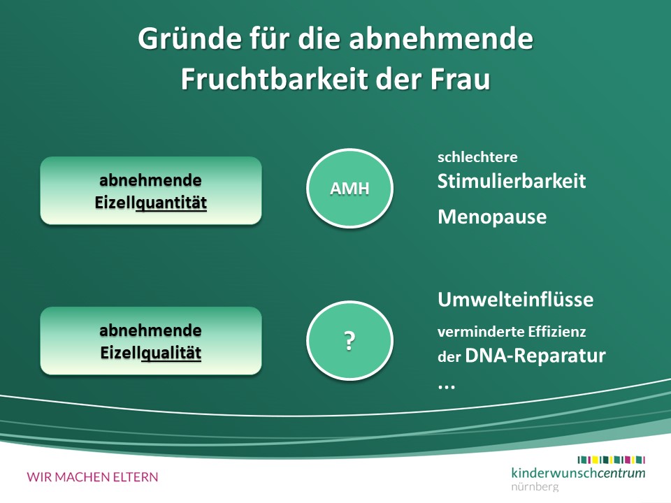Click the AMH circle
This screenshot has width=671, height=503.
(x=349, y=188)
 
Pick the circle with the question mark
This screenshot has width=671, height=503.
(x=349, y=340)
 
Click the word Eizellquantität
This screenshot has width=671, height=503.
(x=151, y=203)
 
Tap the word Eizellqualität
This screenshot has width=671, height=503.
(x=151, y=353)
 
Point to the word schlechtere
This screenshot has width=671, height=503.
(x=477, y=157)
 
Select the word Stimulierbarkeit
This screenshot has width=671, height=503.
(x=512, y=182)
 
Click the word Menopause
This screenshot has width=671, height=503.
(x=492, y=217)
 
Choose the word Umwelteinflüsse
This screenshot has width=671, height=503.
(x=516, y=300)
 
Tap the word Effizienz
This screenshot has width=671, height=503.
(x=557, y=331)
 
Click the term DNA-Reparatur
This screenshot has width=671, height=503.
(x=535, y=356)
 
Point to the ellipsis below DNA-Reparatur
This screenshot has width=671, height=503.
(x=447, y=386)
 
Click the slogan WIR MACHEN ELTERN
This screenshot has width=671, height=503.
(x=92, y=477)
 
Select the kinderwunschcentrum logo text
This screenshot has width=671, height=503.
(x=578, y=473)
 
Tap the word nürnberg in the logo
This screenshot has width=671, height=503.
(x=535, y=486)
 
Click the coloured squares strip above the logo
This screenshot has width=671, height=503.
(x=612, y=460)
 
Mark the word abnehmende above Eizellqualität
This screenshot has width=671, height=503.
(x=151, y=330)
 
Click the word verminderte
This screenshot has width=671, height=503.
(x=480, y=331)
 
